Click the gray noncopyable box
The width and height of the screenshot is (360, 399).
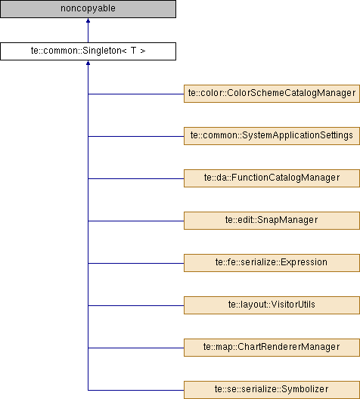point(88,9)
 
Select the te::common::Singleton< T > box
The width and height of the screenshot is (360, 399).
point(88,51)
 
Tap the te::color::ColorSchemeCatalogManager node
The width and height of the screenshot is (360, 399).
point(272,94)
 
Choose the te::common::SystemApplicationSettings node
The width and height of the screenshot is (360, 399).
point(272,136)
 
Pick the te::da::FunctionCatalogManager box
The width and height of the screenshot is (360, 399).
point(272,178)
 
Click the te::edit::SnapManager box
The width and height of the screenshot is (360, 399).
point(272,221)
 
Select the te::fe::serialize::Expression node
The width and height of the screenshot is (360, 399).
point(272,263)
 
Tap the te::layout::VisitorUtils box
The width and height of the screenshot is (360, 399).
point(272,305)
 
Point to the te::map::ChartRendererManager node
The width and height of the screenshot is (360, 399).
point(272,348)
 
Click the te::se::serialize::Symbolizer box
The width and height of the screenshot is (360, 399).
point(272,390)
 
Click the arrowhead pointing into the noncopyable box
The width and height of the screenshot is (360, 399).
point(88,20)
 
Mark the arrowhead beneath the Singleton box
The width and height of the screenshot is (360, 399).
point(88,63)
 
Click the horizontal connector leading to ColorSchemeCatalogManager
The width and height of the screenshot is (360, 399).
point(136,94)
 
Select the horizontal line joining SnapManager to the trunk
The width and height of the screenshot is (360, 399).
point(136,221)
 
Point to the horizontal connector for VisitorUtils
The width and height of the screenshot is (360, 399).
point(136,305)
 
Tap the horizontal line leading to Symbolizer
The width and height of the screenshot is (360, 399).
point(136,390)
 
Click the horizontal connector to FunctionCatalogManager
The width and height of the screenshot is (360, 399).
point(136,178)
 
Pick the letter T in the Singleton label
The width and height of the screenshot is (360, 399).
point(133,51)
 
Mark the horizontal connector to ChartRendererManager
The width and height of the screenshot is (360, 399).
point(136,348)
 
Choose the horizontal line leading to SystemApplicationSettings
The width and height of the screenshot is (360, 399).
point(136,136)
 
